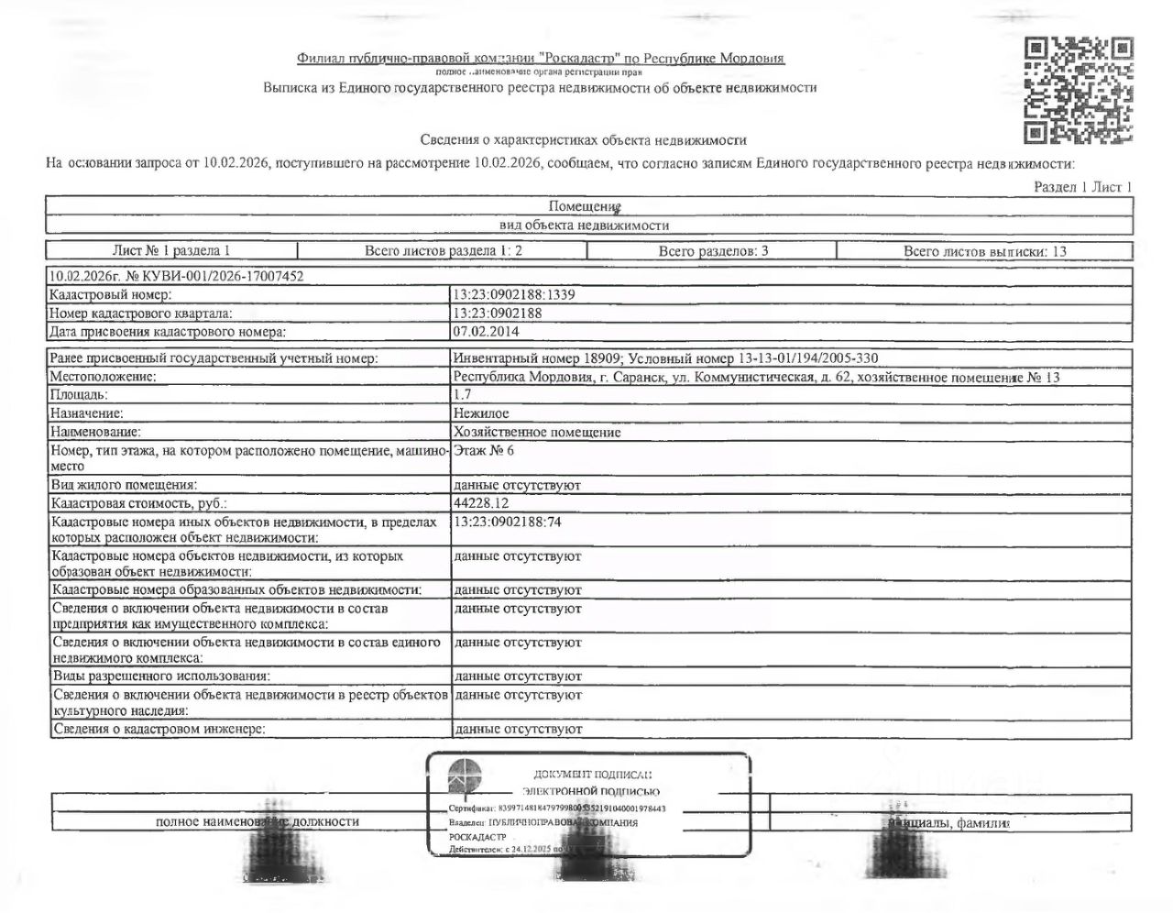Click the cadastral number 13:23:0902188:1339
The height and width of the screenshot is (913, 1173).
click(514, 295)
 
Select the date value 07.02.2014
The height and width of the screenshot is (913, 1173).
click(485, 331)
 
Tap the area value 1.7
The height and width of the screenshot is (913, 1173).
click(462, 394)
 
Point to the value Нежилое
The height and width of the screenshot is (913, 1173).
click(481, 413)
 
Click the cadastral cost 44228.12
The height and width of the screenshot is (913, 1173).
click(481, 503)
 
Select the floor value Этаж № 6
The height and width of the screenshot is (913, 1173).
click(484, 450)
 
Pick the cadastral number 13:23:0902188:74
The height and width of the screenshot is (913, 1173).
click(507, 522)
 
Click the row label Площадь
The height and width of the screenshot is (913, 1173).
click(80, 394)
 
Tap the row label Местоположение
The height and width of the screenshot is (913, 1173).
click(103, 376)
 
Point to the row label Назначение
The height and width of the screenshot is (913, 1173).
click(87, 413)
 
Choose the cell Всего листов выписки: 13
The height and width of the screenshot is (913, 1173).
click(984, 250)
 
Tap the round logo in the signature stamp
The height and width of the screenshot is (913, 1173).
click(467, 776)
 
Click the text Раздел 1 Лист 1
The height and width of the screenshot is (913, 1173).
click(1082, 187)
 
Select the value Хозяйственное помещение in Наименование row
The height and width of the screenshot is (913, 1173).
click(537, 432)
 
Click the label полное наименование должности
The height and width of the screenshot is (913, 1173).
click(257, 821)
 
